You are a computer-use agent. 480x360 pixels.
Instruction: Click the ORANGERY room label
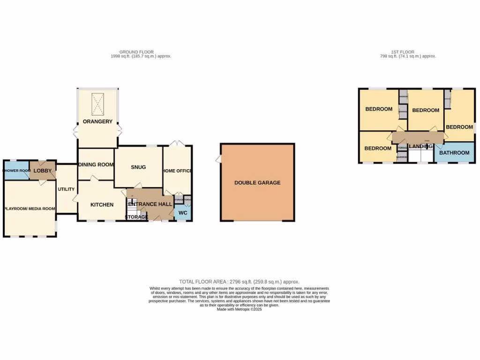pyautogui.click(x=97, y=121)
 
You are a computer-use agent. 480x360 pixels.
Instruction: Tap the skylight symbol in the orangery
pyautogui.click(x=97, y=104)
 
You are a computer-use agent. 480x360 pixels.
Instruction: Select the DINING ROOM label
pyautogui.click(x=96, y=165)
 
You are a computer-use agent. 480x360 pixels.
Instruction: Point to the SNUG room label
pyautogui.click(x=138, y=167)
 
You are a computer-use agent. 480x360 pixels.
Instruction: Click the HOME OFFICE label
pyautogui.click(x=177, y=171)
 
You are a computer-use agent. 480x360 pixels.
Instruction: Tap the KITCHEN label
pyautogui.click(x=102, y=205)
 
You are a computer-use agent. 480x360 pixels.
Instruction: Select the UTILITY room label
pyautogui.click(x=66, y=189)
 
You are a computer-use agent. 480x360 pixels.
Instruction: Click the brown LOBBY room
pyautogui.click(x=42, y=171)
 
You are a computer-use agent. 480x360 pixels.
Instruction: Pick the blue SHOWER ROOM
pyautogui.click(x=16, y=171)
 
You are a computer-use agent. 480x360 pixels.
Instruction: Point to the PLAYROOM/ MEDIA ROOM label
pyautogui.click(x=30, y=209)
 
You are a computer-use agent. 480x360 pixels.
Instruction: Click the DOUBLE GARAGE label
pyautogui.click(x=257, y=182)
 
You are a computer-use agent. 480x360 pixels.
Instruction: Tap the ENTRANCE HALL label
pyautogui.click(x=150, y=204)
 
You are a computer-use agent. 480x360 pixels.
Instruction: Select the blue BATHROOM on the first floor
pyautogui.click(x=454, y=153)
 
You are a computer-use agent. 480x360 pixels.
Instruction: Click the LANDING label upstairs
pyautogui.click(x=420, y=146)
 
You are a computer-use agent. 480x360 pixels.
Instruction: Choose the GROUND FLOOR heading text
pyautogui.click(x=136, y=52)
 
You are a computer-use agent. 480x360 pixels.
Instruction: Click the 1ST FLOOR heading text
pyautogui.click(x=403, y=52)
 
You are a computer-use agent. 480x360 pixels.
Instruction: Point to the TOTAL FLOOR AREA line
pyautogui.click(x=239, y=281)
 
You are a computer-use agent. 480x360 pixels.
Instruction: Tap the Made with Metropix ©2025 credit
pyautogui.click(x=239, y=309)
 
